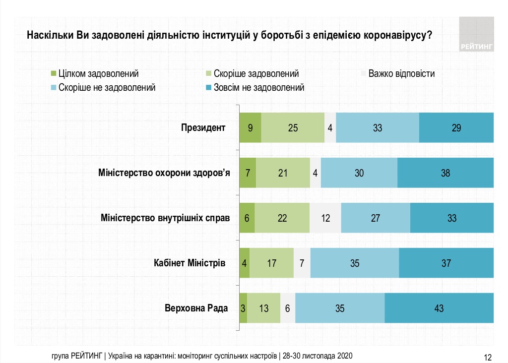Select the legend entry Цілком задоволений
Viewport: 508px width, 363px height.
[94, 74]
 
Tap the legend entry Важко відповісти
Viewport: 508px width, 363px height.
[397, 74]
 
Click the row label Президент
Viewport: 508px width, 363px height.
[203, 127]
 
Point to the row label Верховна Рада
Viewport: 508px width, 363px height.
[196, 308]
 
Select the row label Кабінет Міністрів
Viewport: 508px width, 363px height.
[190, 263]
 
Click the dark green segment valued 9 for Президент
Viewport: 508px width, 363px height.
[251, 128]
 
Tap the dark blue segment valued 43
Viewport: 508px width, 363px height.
[439, 308]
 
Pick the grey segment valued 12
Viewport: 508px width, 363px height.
[325, 218]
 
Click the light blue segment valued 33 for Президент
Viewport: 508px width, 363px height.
[378, 128]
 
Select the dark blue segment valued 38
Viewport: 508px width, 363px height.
[445, 173]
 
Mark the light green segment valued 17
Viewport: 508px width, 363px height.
[271, 263]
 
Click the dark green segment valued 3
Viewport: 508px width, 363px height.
[243, 308]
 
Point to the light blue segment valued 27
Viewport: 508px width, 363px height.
[376, 218]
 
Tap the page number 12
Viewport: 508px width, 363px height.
[487, 357]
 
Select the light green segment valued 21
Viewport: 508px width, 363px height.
[283, 173]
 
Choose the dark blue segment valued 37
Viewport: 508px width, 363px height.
[446, 263]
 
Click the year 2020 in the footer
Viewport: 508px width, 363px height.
[344, 356]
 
